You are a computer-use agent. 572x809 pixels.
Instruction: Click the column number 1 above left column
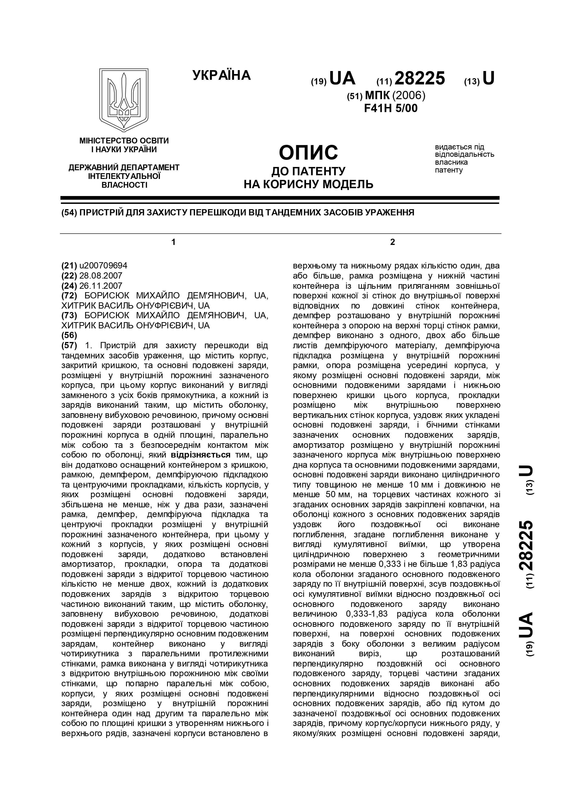[173, 242]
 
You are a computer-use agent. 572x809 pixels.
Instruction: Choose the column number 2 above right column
[393, 242]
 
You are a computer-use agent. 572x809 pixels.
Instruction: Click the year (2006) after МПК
[409, 95]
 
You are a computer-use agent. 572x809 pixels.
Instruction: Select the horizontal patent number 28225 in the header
[420, 78]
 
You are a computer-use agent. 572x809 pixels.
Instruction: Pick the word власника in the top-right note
[451, 162]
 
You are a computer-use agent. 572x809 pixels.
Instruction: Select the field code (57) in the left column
[69, 345]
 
